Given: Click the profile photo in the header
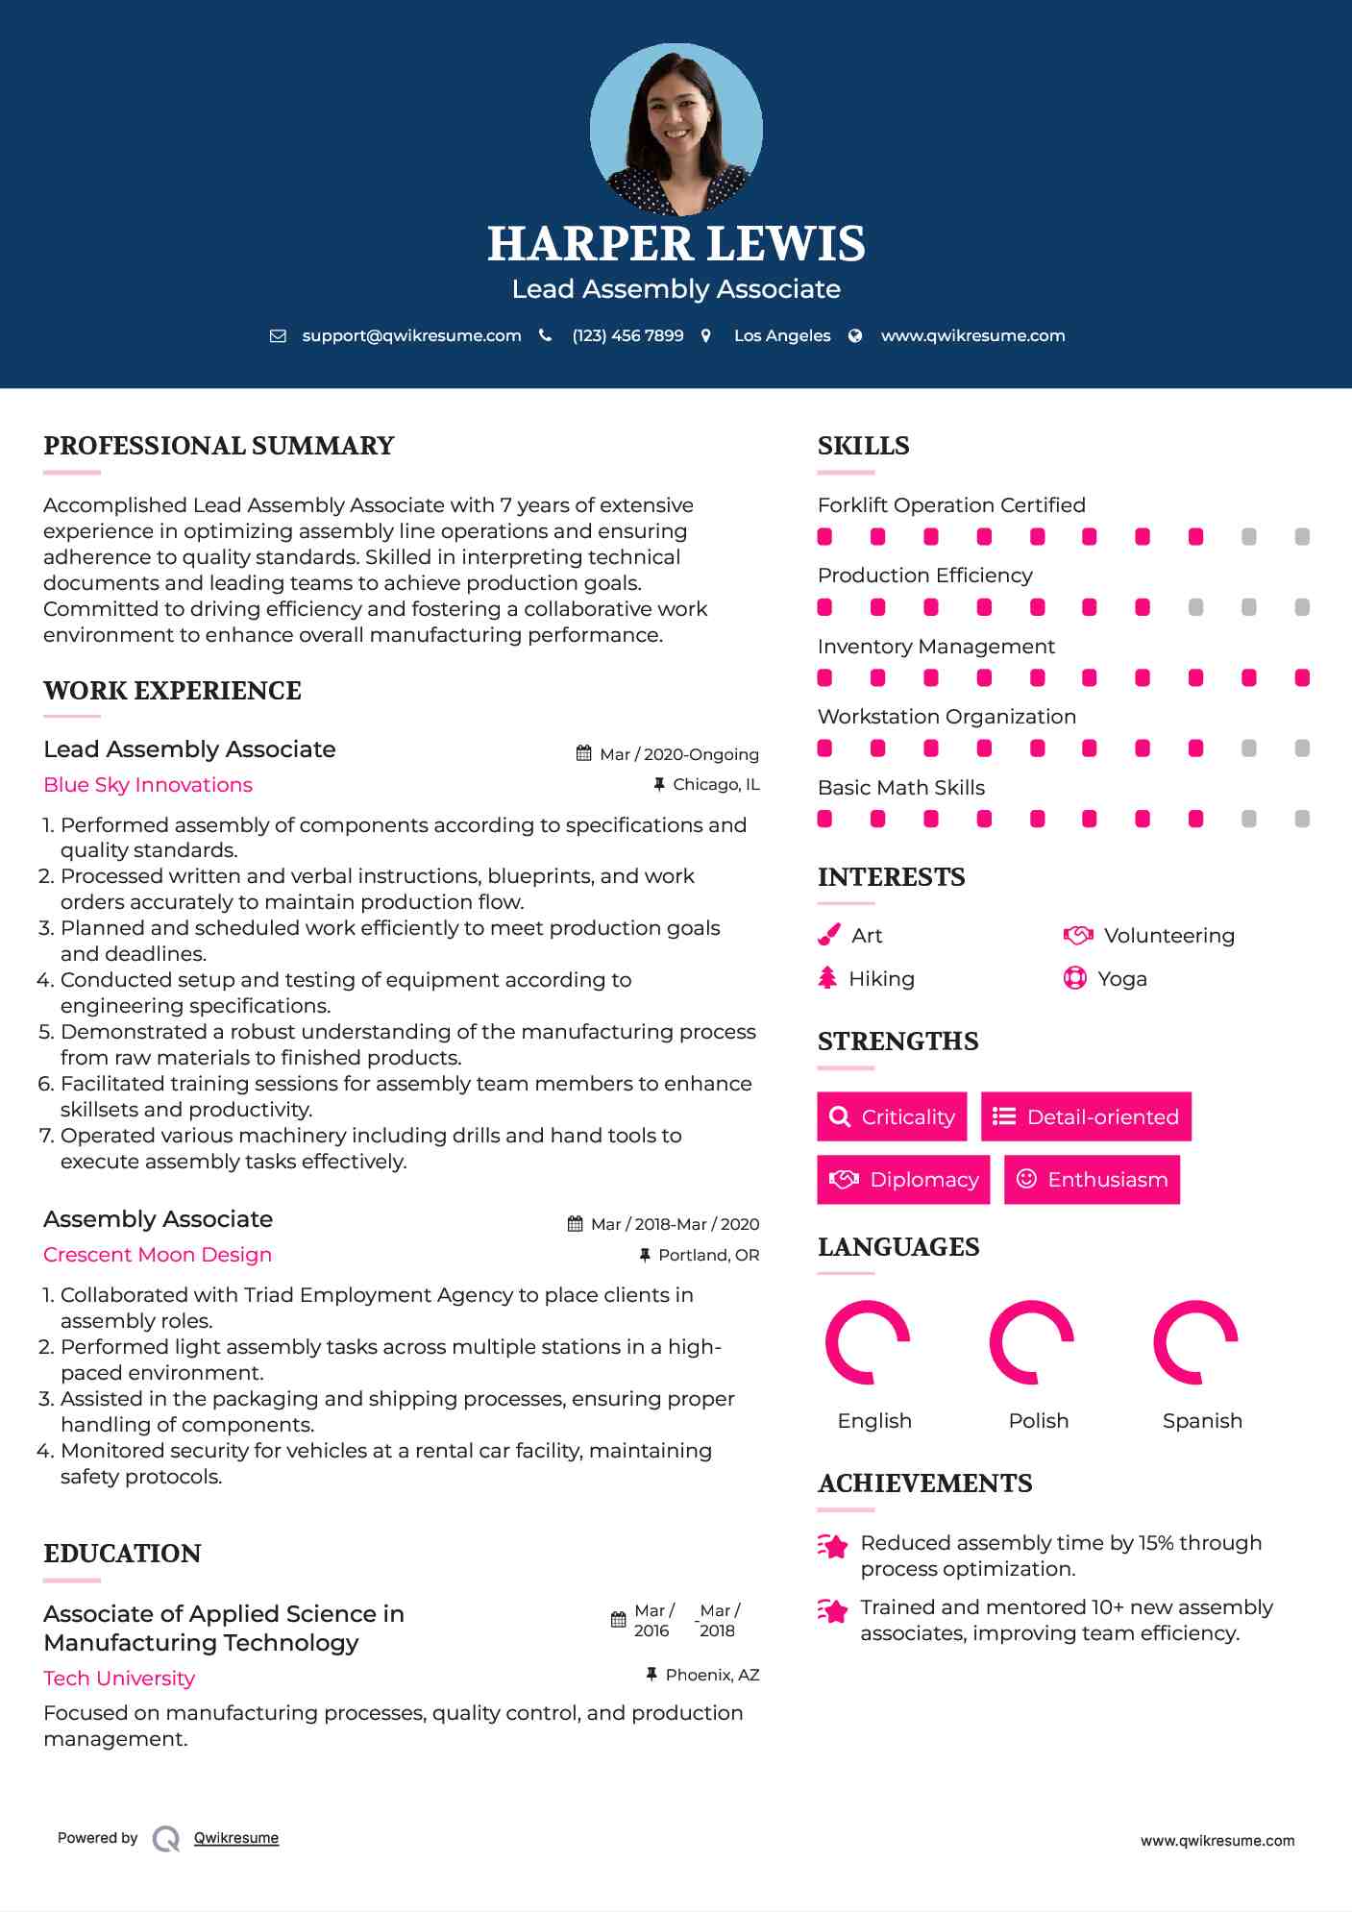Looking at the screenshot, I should point(676,129).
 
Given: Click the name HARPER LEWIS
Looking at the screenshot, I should point(676,244).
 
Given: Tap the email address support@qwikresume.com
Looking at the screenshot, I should point(411,335).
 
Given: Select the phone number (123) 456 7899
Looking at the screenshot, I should point(627,335).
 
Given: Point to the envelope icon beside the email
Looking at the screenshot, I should point(278,336).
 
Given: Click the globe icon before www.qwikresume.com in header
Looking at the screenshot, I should point(855,335).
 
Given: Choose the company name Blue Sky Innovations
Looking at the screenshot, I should point(148,785).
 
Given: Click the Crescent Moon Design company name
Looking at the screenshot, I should point(158,1255).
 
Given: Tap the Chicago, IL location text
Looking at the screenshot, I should point(716,785).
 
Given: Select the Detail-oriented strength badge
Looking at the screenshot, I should point(1086,1116).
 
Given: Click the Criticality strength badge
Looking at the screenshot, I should point(892,1116).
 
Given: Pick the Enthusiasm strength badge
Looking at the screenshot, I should point(1092,1180).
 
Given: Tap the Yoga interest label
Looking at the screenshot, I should point(1122,979).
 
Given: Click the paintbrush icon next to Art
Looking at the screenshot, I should point(828,936).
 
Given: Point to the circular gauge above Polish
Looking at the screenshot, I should point(1031,1342).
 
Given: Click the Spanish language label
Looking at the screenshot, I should point(1202,1421).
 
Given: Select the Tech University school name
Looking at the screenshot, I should point(119,1679).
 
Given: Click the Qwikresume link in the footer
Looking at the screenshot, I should point(236,1838).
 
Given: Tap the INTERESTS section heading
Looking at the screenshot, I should point(891,877).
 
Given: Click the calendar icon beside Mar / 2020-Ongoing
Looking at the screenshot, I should point(583,753).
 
